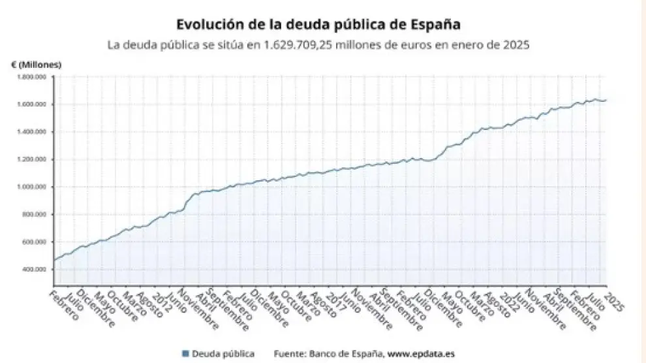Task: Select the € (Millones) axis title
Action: click(x=36, y=64)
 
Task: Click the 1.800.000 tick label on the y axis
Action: click(x=31, y=77)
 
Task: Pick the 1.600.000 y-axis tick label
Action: click(x=31, y=104)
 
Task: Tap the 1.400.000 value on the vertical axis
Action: click(x=31, y=132)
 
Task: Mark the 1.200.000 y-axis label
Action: click(x=31, y=159)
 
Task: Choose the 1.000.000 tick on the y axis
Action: click(x=31, y=187)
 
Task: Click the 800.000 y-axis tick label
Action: click(x=34, y=214)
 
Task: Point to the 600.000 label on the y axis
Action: click(x=34, y=242)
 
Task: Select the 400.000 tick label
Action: click(x=34, y=269)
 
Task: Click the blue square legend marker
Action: click(x=186, y=354)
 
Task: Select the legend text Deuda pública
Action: click(x=224, y=354)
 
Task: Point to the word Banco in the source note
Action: click(x=331, y=354)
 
